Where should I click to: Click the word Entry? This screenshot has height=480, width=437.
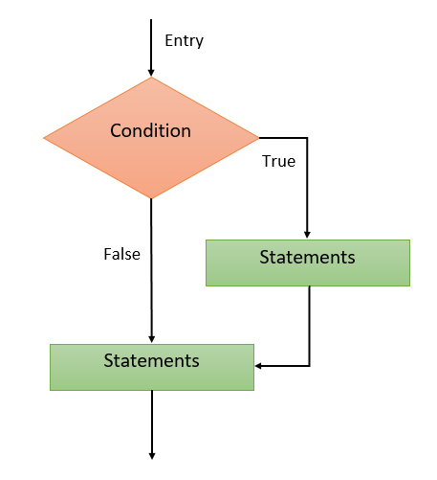tap(184, 41)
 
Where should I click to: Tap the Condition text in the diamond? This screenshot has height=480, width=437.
tap(150, 130)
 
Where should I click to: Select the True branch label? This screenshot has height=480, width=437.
tap(278, 161)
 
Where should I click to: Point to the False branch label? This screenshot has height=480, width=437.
tap(121, 254)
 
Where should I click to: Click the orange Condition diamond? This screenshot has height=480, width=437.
tap(151, 138)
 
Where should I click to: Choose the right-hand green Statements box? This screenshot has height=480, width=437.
tap(308, 263)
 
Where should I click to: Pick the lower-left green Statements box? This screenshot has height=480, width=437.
tap(152, 367)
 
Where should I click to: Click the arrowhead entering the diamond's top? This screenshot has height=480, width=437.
tap(151, 73)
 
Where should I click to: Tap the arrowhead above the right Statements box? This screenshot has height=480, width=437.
tap(307, 236)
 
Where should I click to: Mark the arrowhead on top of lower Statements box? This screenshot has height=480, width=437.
tap(152, 340)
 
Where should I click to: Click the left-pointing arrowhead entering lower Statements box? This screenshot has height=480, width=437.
tap(258, 366)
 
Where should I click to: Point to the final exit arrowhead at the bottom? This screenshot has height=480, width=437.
tap(152, 456)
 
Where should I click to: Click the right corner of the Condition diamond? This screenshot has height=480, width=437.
tap(259, 138)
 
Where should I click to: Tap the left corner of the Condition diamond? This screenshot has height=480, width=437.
tap(44, 138)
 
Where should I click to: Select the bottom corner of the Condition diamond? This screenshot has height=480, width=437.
tap(151, 198)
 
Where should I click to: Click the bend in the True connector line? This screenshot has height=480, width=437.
tap(307, 138)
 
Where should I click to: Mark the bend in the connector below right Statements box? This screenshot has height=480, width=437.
tap(309, 366)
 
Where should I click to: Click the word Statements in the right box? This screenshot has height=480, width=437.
tap(307, 257)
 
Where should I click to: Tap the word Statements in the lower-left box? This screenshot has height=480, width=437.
tap(151, 361)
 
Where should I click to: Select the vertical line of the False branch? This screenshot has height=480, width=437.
tap(151, 271)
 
